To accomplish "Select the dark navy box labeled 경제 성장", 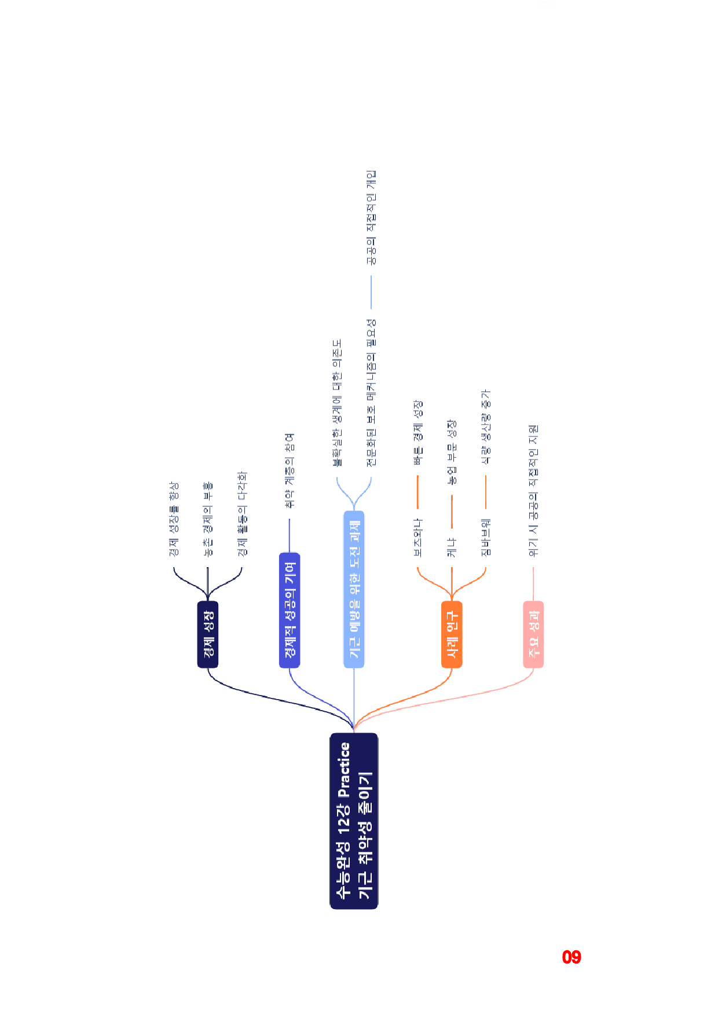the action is pos(208,634).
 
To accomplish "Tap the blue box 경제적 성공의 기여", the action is pos(290,610).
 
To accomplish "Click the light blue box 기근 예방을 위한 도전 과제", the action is pos(354,589).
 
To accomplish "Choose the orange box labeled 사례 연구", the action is pos(452,634).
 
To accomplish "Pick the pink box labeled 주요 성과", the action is pos(533,634).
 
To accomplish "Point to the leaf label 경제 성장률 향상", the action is pos(174,519).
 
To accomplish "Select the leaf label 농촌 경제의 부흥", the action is pos(208,519).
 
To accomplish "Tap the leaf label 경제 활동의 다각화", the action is pos(242,514).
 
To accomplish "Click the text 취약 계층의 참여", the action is pos(290,471).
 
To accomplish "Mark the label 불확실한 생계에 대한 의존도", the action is pos(337,403).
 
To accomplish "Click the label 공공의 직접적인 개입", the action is pos(371,218).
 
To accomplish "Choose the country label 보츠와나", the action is pos(417,538).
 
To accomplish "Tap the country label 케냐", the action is pos(452,547).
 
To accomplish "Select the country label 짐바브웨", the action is pos(486,538).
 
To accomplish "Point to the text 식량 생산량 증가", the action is pos(486,427).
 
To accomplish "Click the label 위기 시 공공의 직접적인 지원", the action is pos(533,491).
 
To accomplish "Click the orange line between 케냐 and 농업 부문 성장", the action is pos(452,512).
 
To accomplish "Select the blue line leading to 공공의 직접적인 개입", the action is pos(371,292).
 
